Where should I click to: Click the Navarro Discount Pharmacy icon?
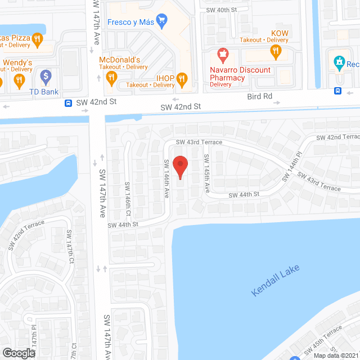coord(223,56)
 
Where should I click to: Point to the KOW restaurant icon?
coord(275,52)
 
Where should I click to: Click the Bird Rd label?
coord(260,97)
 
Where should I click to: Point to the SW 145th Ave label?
coord(206,174)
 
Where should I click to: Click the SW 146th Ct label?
coord(128,199)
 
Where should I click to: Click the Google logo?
coord(18,353)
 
